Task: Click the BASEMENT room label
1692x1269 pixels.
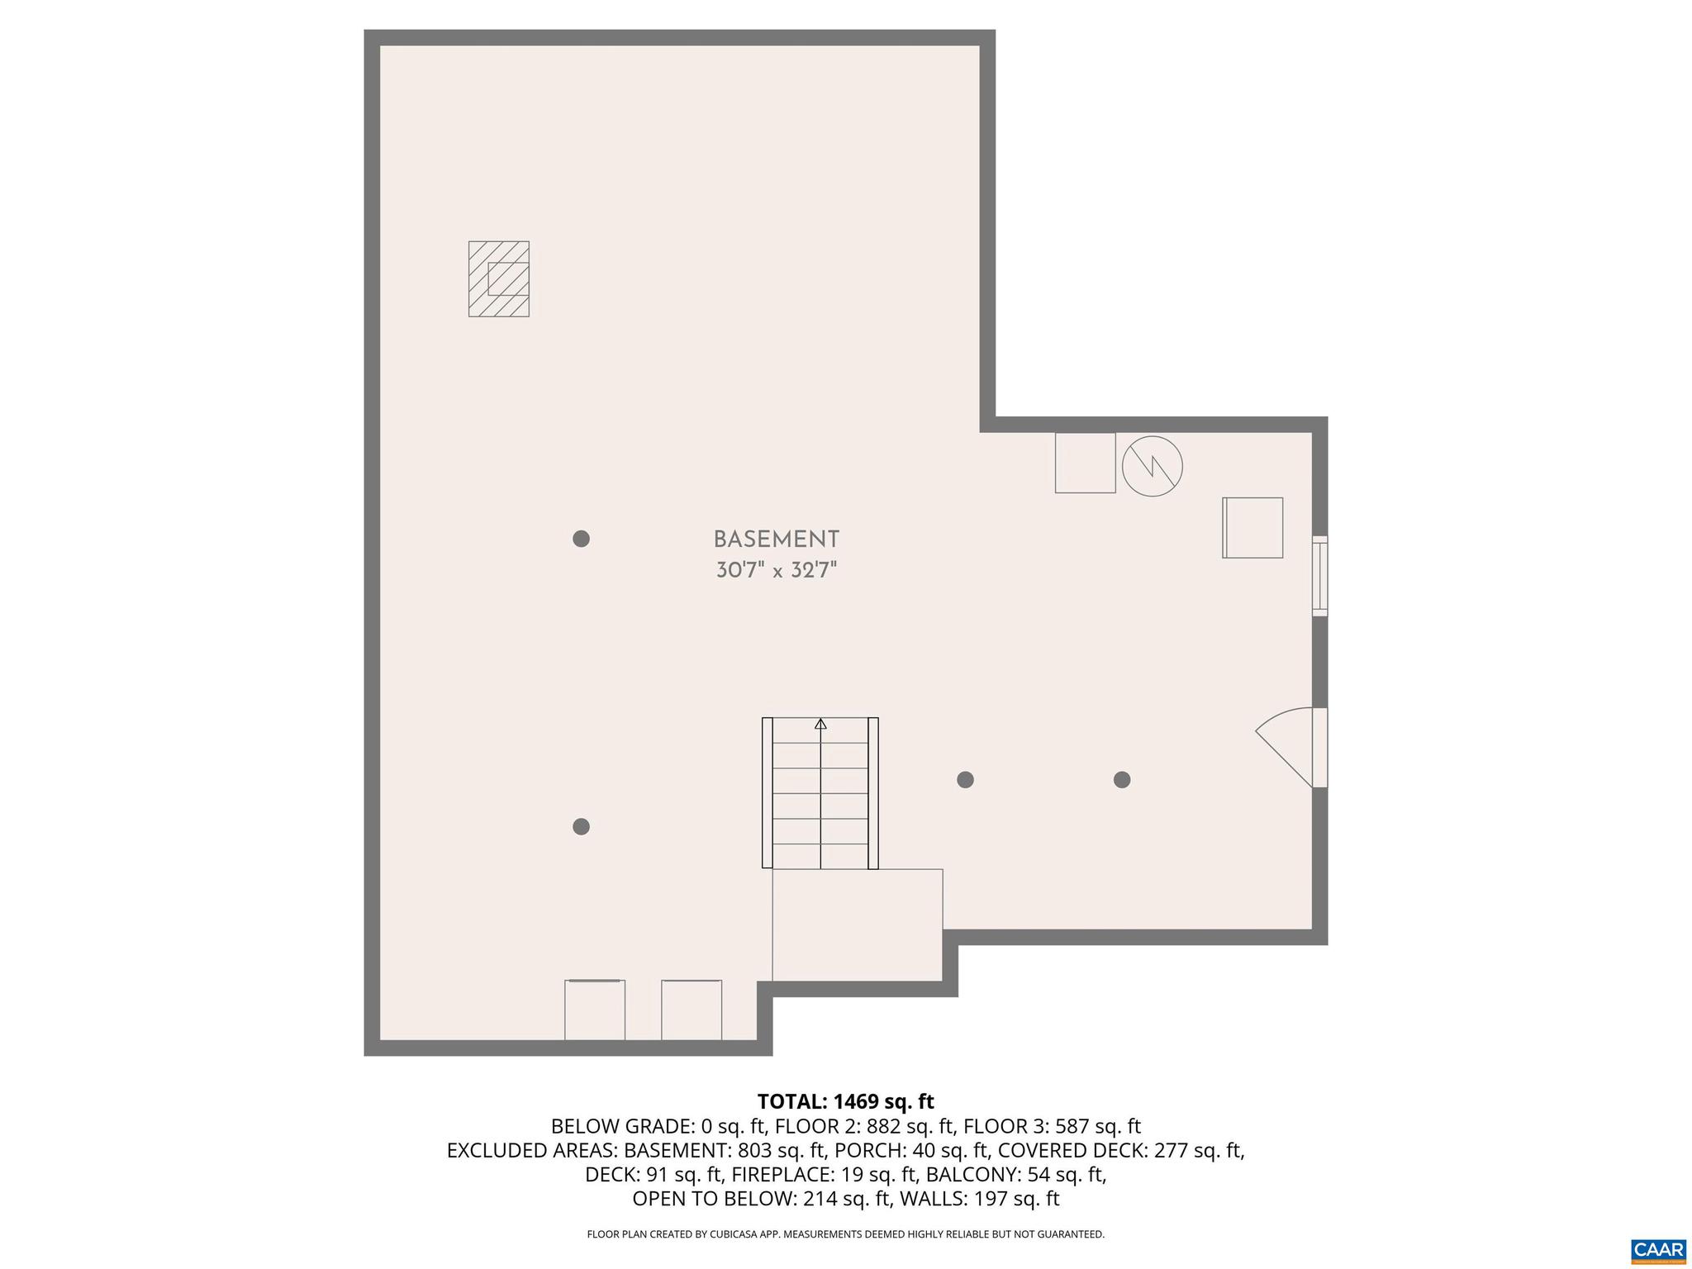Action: [x=776, y=539]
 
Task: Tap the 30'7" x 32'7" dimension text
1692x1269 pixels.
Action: [x=776, y=570]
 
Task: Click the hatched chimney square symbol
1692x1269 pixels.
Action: [x=499, y=278]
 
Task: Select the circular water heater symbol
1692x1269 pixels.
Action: [x=1152, y=466]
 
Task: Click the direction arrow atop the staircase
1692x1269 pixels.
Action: [x=820, y=725]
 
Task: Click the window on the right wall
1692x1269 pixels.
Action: [x=1319, y=576]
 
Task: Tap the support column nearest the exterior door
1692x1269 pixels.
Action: [x=1121, y=779]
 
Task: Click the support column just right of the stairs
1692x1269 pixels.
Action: [x=965, y=779]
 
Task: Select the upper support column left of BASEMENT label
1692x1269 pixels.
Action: [x=581, y=539]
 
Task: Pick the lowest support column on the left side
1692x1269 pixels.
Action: [x=581, y=826]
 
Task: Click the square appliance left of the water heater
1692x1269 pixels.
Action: [x=1085, y=463]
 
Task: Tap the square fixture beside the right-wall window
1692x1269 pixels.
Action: [x=1252, y=527]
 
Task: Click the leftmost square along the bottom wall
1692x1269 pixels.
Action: [x=595, y=1010]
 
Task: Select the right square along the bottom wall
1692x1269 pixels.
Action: [x=692, y=1010]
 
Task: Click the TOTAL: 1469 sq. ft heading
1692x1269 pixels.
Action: [x=845, y=1101]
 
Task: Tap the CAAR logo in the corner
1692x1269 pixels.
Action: [x=1658, y=1248]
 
